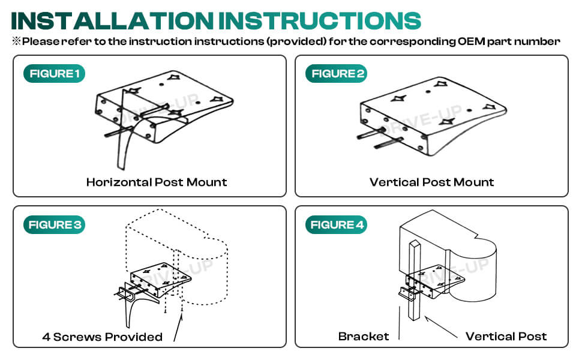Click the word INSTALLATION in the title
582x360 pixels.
(x=113, y=20)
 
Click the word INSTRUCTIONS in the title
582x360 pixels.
(x=319, y=20)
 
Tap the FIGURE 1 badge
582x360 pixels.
(x=54, y=74)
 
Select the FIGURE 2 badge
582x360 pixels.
(x=338, y=74)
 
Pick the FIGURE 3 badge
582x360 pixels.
(x=55, y=225)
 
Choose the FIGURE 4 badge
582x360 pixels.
(x=338, y=225)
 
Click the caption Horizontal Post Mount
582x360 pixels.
(x=157, y=182)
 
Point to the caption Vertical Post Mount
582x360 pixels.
(x=431, y=182)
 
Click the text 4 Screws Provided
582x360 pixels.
(x=102, y=337)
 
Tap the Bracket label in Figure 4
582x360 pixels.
(x=364, y=336)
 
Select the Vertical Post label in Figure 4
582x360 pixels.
(x=506, y=336)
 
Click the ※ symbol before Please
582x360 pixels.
(x=16, y=42)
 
